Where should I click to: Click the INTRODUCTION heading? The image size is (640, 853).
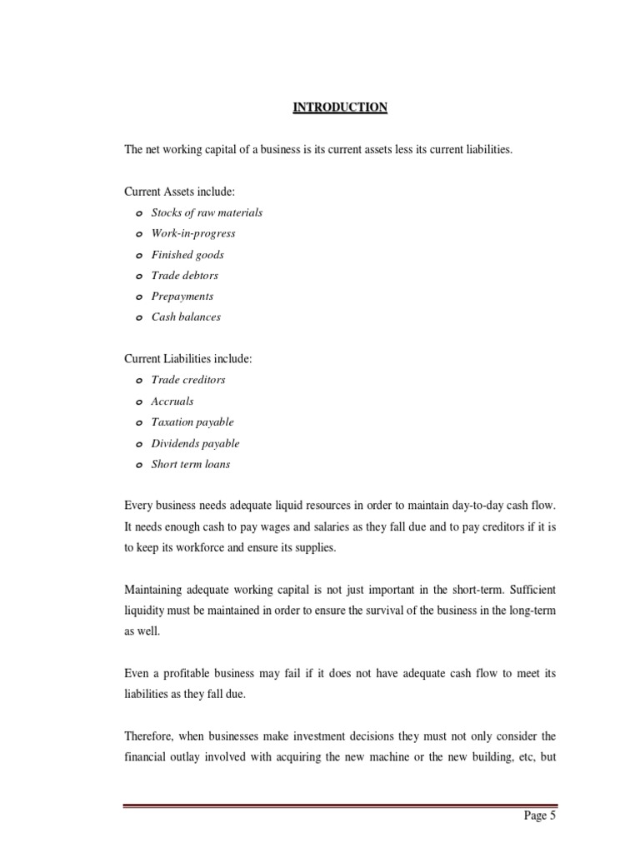[340, 107]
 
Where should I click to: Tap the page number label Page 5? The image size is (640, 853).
[540, 816]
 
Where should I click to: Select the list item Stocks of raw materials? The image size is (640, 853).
[207, 212]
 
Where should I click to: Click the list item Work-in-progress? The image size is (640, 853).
[193, 233]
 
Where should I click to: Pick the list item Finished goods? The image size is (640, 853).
[187, 254]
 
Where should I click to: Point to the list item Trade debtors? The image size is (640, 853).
[185, 275]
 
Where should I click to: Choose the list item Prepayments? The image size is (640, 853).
[182, 296]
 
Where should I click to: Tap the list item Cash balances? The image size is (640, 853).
[186, 317]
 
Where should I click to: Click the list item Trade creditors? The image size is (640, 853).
[188, 380]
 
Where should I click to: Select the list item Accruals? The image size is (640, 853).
[172, 401]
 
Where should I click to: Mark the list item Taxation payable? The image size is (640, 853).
[192, 422]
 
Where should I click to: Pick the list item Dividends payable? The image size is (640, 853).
[195, 443]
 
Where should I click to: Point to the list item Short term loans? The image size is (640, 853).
[191, 464]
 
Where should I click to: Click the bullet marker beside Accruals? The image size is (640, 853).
[138, 402]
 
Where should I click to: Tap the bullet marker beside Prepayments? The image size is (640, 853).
[138, 297]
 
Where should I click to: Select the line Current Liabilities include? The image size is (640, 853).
[187, 359]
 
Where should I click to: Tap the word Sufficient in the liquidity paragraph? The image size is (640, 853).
[527, 590]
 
